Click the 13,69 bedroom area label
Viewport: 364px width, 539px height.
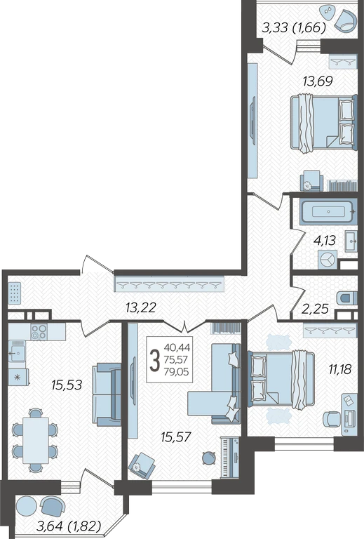point(318,81)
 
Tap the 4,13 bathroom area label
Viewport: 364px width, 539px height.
point(325,240)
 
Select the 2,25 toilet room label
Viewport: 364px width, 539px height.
point(314,309)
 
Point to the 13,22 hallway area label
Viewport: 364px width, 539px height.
point(141,307)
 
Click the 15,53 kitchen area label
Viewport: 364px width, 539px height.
point(67,385)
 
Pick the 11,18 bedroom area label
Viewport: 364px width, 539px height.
point(340,370)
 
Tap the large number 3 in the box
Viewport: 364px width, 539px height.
point(155,360)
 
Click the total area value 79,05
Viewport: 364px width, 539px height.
point(177,372)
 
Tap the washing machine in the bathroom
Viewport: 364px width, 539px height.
point(328,260)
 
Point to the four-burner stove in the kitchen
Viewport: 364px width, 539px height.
point(39,332)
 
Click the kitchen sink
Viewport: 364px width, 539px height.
point(17,352)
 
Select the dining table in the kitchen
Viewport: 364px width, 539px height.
point(36,440)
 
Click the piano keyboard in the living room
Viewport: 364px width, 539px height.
point(230,458)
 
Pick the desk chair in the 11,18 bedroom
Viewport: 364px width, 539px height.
point(331,419)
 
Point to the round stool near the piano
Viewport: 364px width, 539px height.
point(208,458)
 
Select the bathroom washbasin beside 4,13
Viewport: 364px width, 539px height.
point(351,241)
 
